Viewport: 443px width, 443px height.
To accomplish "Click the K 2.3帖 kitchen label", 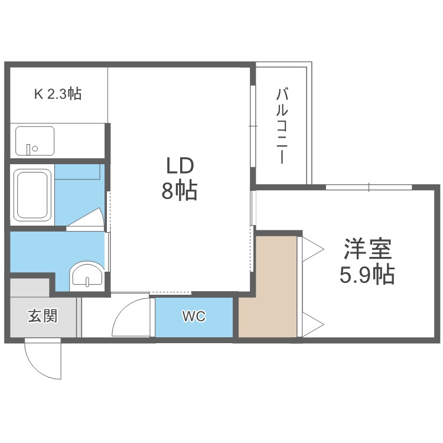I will (x=57, y=93).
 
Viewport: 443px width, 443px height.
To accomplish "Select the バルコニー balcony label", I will (x=282, y=126).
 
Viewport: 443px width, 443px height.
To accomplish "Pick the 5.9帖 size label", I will (x=369, y=275).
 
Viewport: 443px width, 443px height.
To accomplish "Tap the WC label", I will (x=193, y=317).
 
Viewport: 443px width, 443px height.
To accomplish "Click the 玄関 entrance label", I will (x=43, y=316).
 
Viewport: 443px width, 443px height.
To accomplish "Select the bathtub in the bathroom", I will (x=32, y=194).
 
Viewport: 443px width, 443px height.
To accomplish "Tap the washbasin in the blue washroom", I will (x=86, y=275).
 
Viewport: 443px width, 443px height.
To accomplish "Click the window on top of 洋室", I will (x=369, y=187).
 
